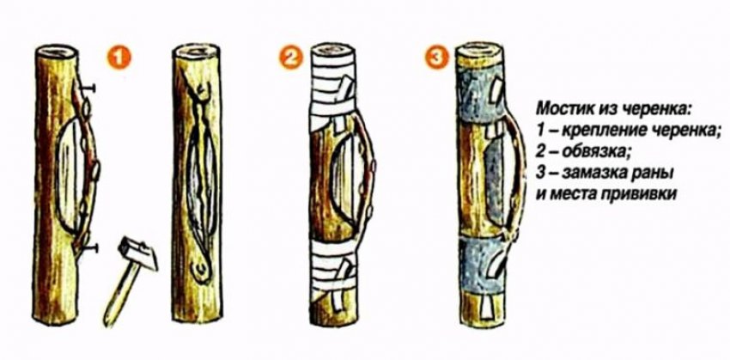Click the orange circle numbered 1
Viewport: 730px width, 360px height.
point(120,59)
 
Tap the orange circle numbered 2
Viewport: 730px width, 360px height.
point(291,58)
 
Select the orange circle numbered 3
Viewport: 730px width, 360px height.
point(436,58)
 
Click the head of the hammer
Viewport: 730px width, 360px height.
point(138,253)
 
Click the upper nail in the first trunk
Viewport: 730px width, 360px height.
point(88,87)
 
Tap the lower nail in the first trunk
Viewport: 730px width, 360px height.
point(88,247)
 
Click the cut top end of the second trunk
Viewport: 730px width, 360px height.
point(196,51)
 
